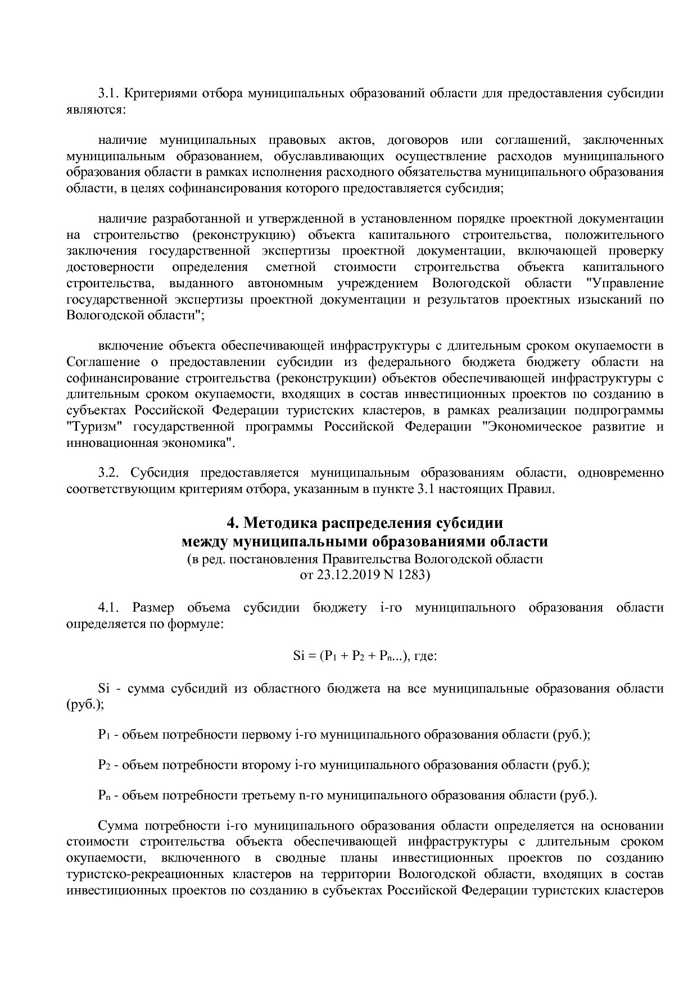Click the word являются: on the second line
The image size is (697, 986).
click(x=96, y=110)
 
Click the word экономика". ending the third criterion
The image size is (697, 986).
click(x=191, y=443)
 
